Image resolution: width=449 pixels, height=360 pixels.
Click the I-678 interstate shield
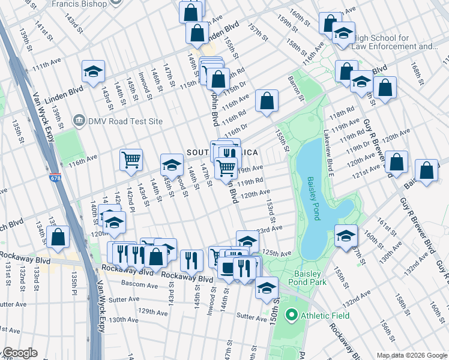point(56,178)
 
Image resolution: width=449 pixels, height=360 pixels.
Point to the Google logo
point(20,353)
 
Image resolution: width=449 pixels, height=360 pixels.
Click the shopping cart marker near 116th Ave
point(131,160)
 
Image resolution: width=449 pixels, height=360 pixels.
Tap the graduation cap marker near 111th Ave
point(93,71)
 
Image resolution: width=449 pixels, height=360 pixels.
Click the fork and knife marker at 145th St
point(191,259)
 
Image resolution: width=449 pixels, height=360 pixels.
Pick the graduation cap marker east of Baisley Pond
point(346,235)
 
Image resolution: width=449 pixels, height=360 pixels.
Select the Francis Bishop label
point(87,4)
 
